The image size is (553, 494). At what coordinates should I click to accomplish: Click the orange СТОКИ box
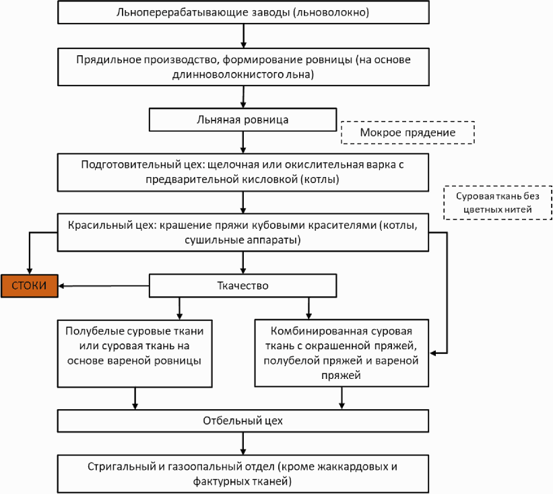coord(29,286)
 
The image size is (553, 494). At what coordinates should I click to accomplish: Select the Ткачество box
coord(242,285)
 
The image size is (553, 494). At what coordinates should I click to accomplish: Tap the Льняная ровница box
coord(242,119)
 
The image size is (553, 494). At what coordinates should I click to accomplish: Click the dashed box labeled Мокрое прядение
coord(408,133)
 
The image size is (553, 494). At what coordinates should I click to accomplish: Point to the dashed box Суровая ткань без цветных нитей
coord(498,203)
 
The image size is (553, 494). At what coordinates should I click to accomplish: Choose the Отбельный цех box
coord(243,421)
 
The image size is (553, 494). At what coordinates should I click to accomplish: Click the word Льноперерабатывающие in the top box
coord(183,13)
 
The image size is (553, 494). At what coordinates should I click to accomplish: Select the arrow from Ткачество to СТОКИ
coord(104,286)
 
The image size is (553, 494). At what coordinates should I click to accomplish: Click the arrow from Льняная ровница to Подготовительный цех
coord(243,143)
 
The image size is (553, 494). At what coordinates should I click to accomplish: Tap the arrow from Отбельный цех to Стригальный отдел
coord(243,444)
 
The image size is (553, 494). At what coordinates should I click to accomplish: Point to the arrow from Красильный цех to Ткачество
coord(243,262)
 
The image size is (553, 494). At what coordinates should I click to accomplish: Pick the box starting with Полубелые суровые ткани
coord(135,353)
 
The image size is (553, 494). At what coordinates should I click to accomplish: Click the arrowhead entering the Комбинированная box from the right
coord(433,353)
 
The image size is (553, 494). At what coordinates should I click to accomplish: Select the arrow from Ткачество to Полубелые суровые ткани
coord(180,308)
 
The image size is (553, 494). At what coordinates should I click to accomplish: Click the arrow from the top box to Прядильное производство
coord(243,36)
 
